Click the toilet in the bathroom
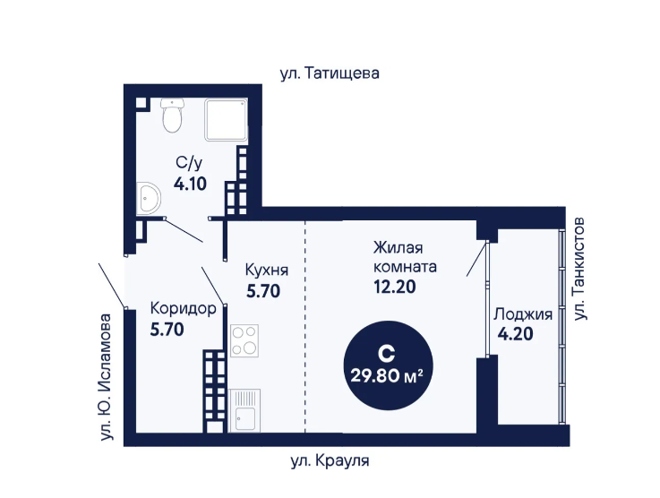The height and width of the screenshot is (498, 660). click(172, 116)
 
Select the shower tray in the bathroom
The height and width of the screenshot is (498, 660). click(226, 120)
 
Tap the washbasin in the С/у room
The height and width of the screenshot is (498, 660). click(148, 198)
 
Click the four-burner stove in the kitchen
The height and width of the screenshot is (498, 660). click(244, 341)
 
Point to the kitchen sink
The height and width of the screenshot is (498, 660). click(245, 410)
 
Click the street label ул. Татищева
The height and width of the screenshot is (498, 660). click(330, 73)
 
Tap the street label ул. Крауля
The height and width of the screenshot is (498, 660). click(330, 461)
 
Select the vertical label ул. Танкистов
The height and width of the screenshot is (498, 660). click(579, 269)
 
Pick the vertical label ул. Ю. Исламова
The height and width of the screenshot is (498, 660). click(106, 377)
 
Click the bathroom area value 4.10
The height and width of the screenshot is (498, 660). click(190, 184)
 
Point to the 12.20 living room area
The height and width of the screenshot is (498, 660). click(395, 287)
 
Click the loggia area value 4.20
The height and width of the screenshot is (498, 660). click(516, 334)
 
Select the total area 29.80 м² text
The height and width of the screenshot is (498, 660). click(387, 375)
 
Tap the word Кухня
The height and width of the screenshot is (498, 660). click(267, 270)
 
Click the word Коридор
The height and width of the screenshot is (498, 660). click(184, 309)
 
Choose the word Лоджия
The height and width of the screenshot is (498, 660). click(523, 314)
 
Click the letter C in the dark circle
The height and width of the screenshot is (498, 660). click(386, 354)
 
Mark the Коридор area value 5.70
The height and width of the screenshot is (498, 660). click(167, 330)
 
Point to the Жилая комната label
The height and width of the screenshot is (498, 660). click(405, 257)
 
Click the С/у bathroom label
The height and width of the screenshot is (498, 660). click(189, 163)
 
